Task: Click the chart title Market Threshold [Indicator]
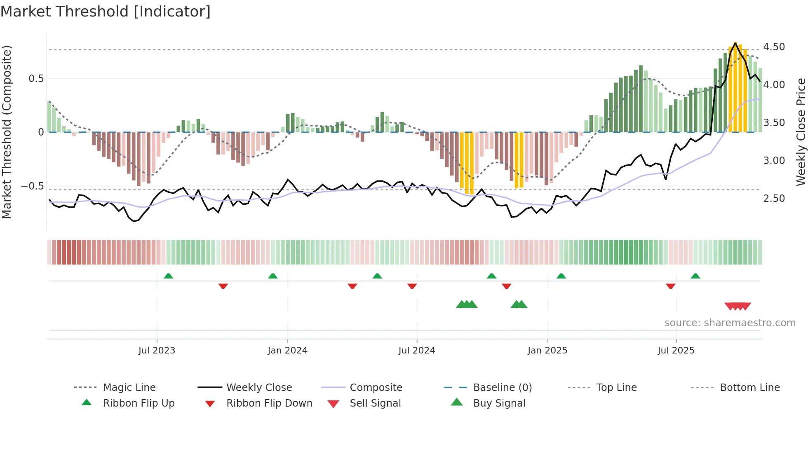click(106, 12)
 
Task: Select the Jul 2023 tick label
click(157, 351)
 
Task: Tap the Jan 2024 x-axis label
click(287, 351)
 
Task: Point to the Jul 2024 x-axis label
click(416, 351)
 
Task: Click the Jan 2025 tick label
click(547, 351)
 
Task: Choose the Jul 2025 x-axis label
click(676, 351)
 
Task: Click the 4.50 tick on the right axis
click(774, 47)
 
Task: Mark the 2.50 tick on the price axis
click(774, 199)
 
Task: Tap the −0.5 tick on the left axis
click(33, 186)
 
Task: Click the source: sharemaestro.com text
click(730, 323)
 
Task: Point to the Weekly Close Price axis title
click(801, 132)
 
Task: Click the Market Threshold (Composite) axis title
click(7, 132)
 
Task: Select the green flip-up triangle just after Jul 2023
click(168, 276)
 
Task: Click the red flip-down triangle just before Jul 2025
click(670, 286)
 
